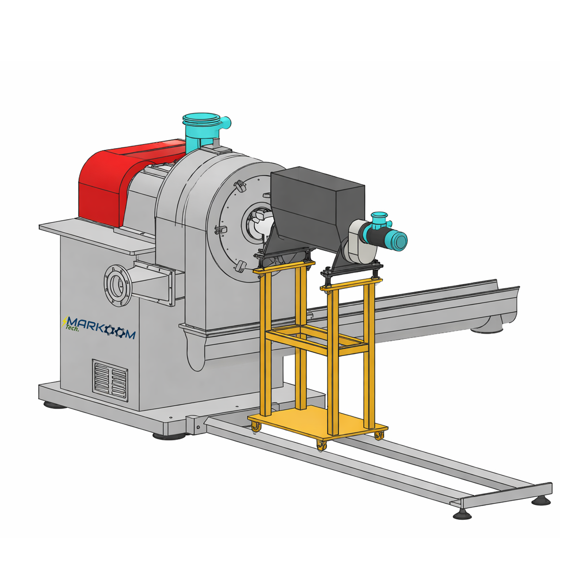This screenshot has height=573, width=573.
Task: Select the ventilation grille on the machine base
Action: coord(110,381)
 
